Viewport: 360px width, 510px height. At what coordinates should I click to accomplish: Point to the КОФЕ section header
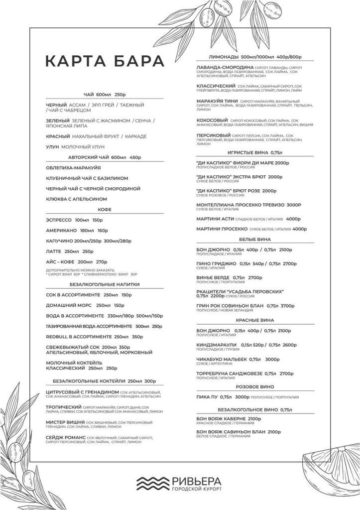105,210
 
